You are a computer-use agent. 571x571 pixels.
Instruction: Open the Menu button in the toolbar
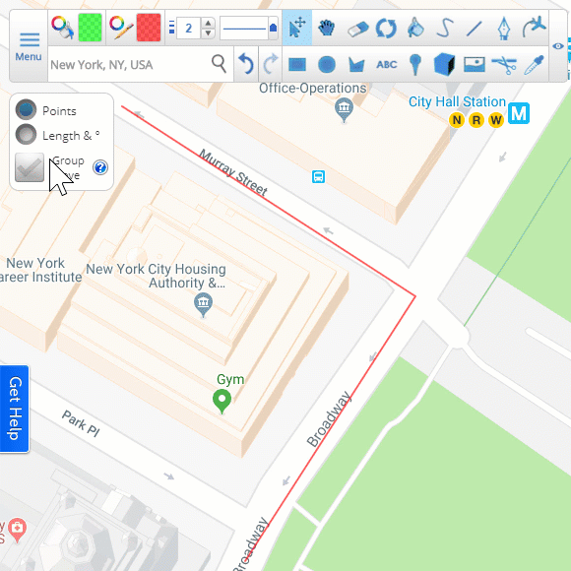pyautogui.click(x=29, y=45)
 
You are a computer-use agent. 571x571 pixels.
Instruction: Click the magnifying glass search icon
pyautogui.click(x=219, y=65)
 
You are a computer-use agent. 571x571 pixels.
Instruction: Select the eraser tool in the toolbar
pyautogui.click(x=357, y=28)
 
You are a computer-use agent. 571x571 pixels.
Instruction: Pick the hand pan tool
pyautogui.click(x=328, y=28)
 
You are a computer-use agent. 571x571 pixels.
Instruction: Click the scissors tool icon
pyautogui.click(x=504, y=65)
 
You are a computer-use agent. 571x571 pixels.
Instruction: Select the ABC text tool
pyautogui.click(x=386, y=65)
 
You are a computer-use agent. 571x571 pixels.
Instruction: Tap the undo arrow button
pyautogui.click(x=246, y=65)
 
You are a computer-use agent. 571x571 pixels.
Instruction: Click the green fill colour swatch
pyautogui.click(x=91, y=27)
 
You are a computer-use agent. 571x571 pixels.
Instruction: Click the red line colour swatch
pyautogui.click(x=149, y=27)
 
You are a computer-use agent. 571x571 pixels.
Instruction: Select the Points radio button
pyautogui.click(x=28, y=110)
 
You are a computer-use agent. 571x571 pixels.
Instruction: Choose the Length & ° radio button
pyautogui.click(x=28, y=135)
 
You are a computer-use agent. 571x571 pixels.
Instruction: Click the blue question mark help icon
pyautogui.click(x=99, y=167)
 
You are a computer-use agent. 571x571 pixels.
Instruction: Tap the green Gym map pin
pyautogui.click(x=222, y=401)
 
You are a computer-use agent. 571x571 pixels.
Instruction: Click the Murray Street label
pyautogui.click(x=233, y=172)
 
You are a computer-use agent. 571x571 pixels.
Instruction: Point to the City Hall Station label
pyautogui.click(x=458, y=102)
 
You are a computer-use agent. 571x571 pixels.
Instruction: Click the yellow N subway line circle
pyautogui.click(x=456, y=120)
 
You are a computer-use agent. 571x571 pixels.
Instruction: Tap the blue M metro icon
pyautogui.click(x=519, y=113)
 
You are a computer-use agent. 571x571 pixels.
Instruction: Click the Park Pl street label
pyautogui.click(x=82, y=423)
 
